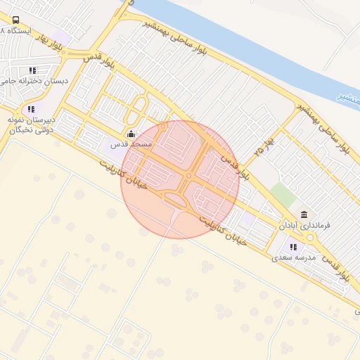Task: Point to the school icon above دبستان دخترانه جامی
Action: point(32,70)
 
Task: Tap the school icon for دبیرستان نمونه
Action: point(30,109)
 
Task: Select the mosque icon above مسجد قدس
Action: point(130,134)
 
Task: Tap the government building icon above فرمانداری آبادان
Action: point(304,214)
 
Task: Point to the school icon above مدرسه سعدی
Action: point(293,247)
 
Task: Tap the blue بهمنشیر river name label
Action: point(349,98)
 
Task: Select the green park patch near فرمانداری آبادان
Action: point(283,195)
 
